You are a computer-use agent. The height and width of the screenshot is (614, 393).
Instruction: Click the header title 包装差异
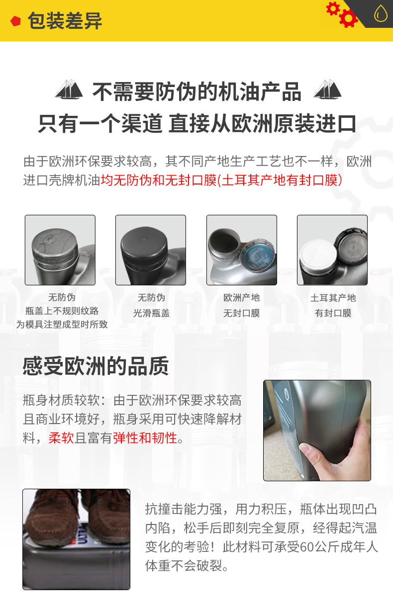(65, 21)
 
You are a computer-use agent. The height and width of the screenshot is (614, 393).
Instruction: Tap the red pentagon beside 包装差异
(16, 21)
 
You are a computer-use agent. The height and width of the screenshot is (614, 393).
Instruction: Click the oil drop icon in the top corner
(380, 14)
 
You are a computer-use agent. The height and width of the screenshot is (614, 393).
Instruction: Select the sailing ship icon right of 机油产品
(327, 90)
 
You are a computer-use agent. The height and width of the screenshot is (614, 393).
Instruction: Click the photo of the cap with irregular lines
(60, 250)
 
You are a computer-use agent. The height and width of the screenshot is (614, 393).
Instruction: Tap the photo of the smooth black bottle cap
(150, 250)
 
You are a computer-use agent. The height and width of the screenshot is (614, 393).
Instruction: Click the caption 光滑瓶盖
(151, 313)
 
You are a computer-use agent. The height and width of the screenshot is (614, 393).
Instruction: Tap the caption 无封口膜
(242, 313)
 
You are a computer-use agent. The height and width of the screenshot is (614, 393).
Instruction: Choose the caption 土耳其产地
(333, 298)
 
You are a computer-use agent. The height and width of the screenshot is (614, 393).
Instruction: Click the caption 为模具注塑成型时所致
(62, 325)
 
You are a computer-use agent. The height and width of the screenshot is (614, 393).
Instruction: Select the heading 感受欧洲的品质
(96, 366)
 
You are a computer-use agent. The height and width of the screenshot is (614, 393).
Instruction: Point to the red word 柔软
(61, 438)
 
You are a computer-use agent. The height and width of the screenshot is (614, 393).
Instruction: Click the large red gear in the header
(348, 18)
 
